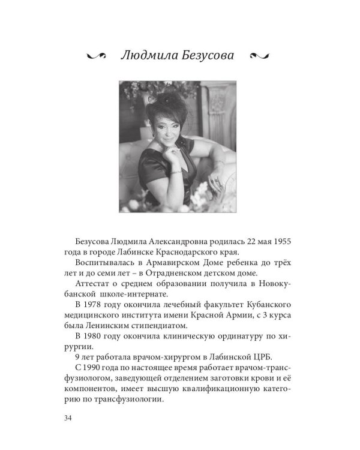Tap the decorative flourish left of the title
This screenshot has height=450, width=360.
tap(96, 56)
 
